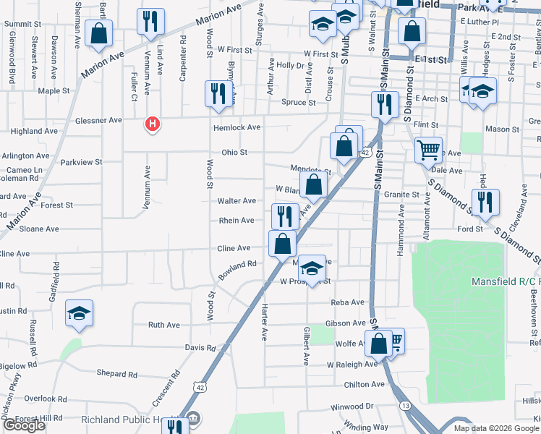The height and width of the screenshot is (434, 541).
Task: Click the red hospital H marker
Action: point(152,124)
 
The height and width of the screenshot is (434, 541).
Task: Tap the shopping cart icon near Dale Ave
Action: point(429,150)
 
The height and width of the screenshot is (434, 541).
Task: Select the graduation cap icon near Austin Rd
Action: point(79,313)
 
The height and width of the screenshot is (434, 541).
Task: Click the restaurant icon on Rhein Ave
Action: point(285,216)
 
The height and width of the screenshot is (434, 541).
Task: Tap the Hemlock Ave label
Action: point(237,127)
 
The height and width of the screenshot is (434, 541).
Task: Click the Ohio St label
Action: point(234,153)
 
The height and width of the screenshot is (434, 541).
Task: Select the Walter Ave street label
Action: point(237,200)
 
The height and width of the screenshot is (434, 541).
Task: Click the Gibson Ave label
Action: point(346,323)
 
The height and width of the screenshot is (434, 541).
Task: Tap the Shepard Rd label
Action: point(116,374)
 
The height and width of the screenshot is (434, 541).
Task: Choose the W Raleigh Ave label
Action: point(352,365)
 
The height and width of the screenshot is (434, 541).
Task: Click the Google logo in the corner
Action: point(24,425)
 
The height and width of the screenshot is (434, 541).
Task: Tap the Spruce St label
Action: point(299,103)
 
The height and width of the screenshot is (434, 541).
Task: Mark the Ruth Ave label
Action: point(163,325)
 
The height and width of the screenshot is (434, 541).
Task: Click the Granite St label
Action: point(401,195)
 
